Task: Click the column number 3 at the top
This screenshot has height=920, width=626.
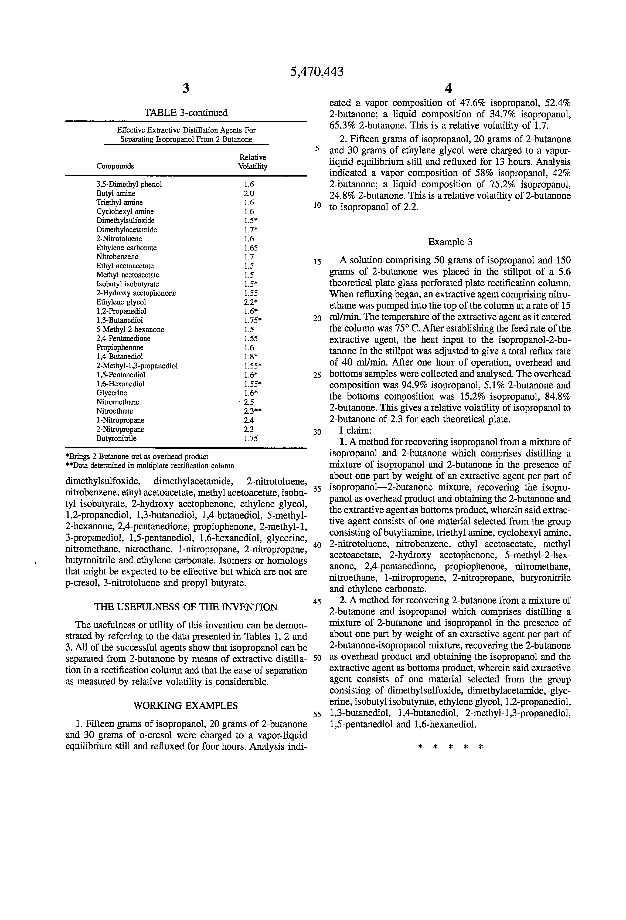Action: point(186,88)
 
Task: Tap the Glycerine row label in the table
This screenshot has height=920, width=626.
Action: point(112,393)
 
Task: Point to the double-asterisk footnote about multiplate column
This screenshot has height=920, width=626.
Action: point(149,466)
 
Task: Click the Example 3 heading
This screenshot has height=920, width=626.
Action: point(450,242)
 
